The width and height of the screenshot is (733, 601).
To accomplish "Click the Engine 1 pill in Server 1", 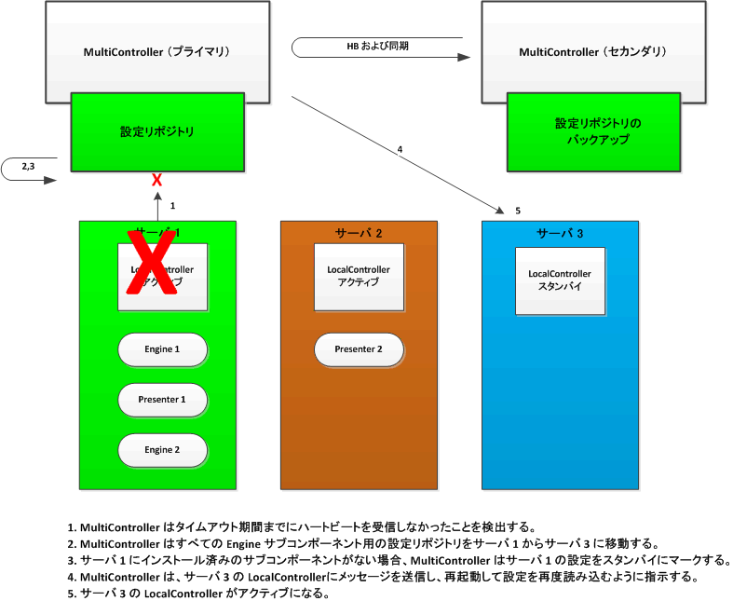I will click(162, 349).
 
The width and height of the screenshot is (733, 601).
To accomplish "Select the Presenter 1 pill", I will click(162, 400).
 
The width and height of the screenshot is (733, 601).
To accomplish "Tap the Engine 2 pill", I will click(162, 450).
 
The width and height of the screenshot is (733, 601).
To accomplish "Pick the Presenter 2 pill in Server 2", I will click(359, 349).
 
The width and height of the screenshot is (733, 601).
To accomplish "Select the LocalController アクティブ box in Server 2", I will click(359, 276).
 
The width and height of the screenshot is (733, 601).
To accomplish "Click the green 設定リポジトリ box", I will click(157, 131).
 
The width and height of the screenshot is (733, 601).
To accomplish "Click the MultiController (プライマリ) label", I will click(156, 50).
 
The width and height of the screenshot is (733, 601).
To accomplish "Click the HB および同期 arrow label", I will click(377, 45).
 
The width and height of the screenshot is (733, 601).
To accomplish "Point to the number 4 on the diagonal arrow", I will click(400, 149).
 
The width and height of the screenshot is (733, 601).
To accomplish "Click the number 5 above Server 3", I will click(518, 211).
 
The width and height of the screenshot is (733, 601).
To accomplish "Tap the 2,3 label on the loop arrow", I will click(29, 166).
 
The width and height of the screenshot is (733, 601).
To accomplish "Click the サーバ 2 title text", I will click(359, 232).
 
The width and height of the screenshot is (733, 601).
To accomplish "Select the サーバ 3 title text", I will click(561, 232).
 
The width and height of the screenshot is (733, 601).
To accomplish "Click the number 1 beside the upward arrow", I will click(172, 205).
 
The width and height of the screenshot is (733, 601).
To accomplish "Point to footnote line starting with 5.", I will click(206, 593).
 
